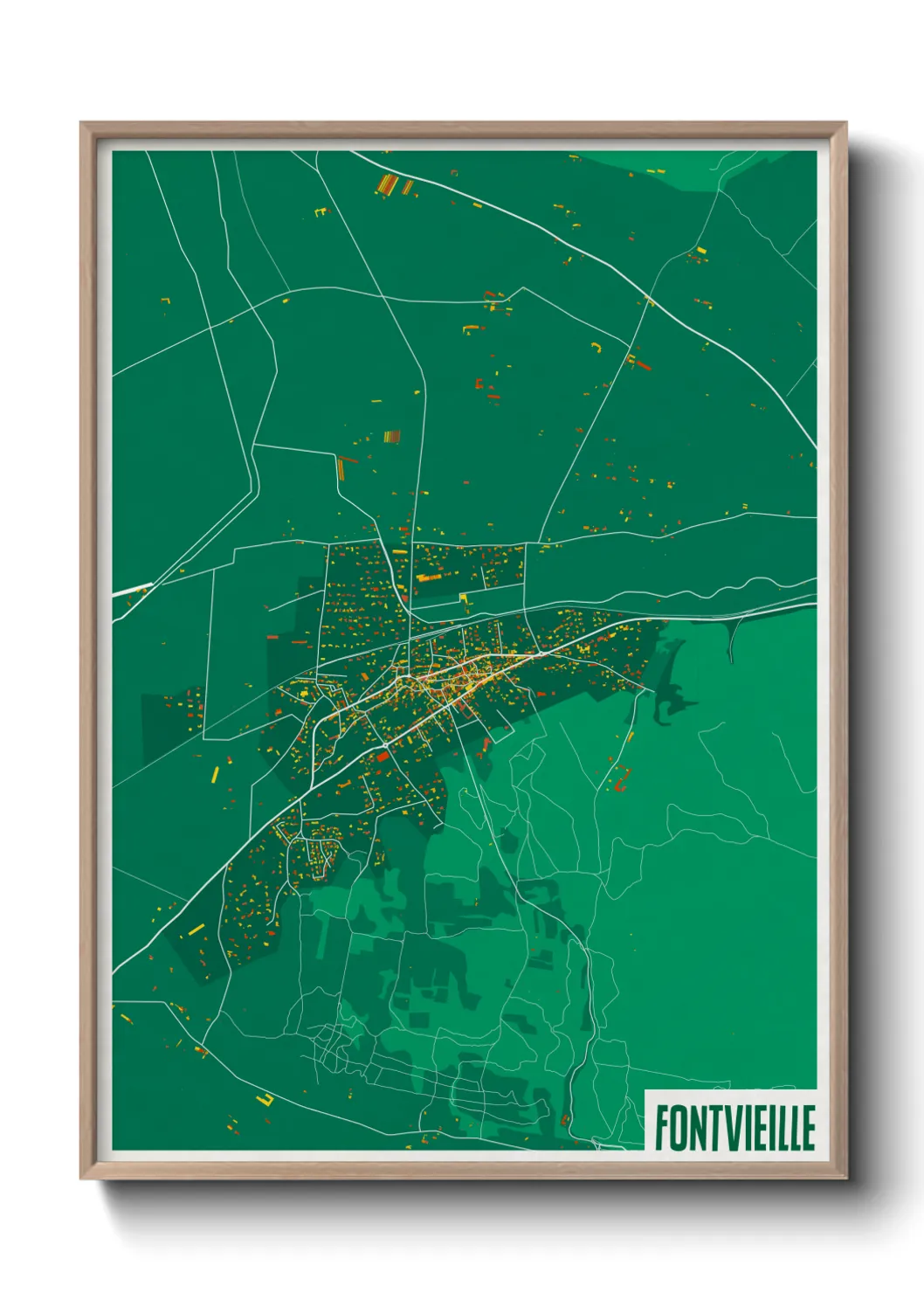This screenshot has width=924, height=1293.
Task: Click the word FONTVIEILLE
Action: (734, 1128)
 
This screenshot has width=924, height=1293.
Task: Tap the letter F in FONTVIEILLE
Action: (662, 1128)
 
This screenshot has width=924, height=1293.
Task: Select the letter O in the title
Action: (678, 1128)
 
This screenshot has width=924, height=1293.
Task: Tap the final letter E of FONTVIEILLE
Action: (808, 1128)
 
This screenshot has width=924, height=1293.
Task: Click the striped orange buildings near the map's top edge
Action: (388, 184)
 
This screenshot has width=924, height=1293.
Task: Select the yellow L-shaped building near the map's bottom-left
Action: (265, 1100)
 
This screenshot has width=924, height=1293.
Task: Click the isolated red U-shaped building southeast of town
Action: (622, 778)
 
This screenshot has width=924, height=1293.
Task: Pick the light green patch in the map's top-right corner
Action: (699, 162)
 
